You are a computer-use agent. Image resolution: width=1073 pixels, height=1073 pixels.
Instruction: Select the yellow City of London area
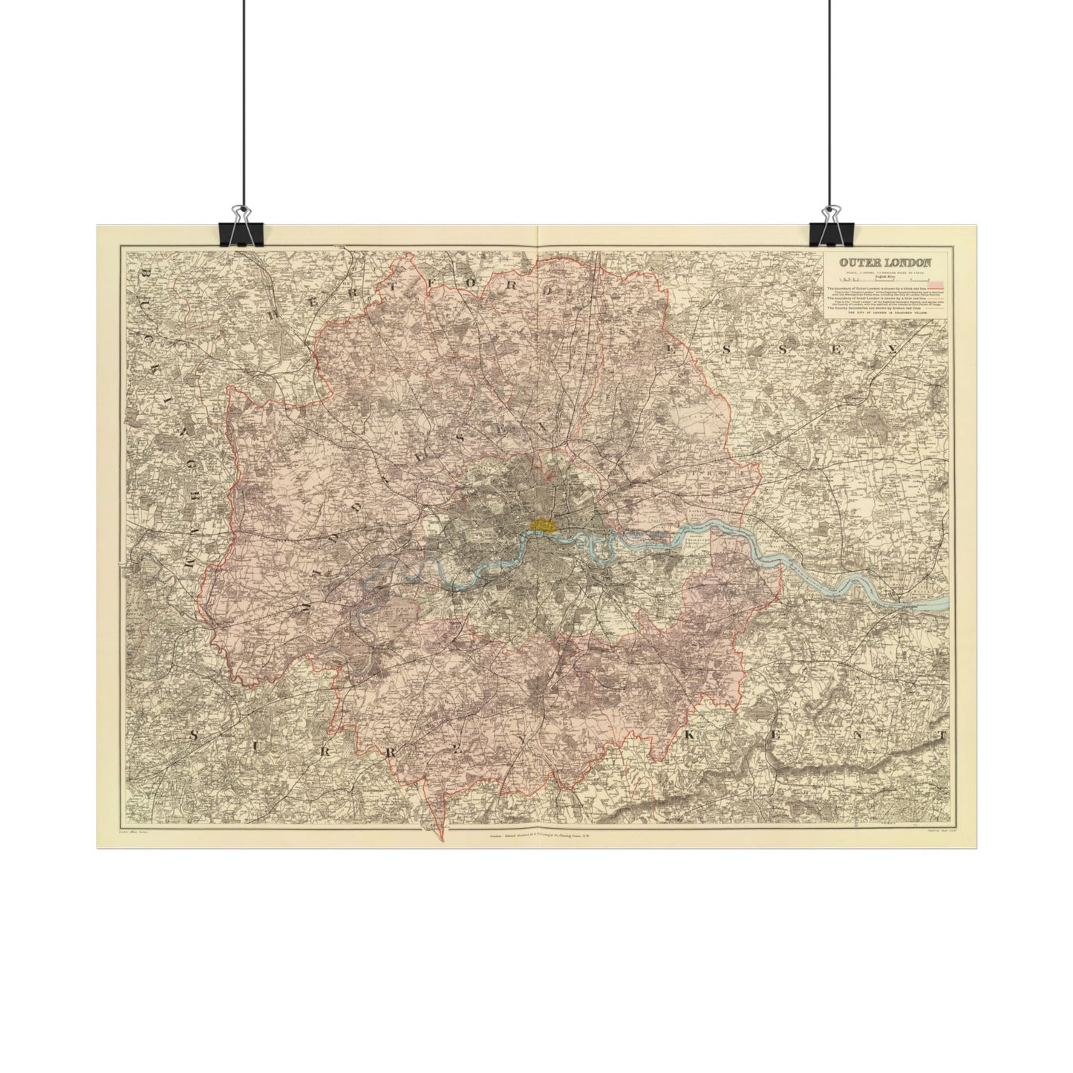[x=544, y=524]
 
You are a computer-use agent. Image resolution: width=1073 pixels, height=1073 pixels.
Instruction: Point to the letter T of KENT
[x=941, y=736]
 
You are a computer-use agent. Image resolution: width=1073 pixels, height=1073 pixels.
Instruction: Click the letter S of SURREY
[x=195, y=735]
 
